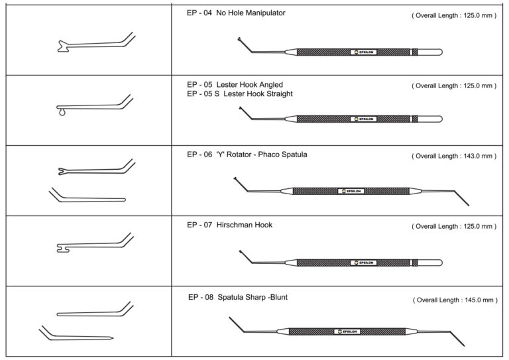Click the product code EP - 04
coord(200,13)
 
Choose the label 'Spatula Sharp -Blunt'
coord(253,298)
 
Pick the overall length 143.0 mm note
coord(454,156)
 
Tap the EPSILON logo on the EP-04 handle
coord(363,52)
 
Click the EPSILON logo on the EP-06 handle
coord(351,192)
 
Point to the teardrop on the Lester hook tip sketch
coord(62,113)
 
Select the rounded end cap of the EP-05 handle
coord(437,119)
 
